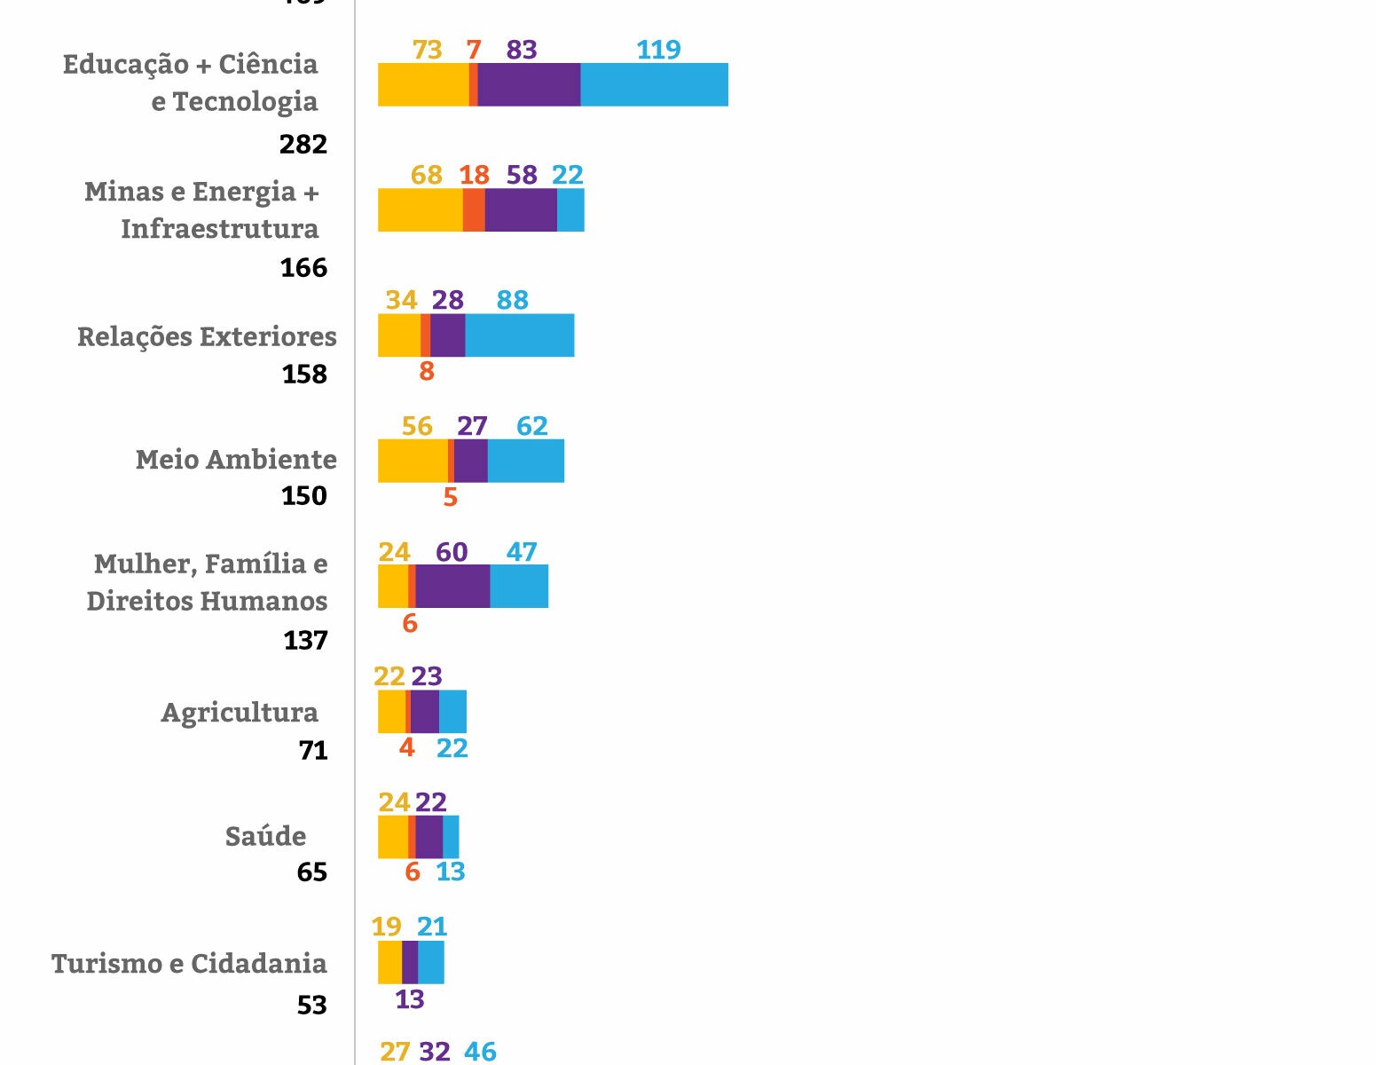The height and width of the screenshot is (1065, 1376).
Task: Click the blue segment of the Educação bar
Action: (654, 85)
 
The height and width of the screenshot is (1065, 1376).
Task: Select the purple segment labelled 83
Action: (529, 85)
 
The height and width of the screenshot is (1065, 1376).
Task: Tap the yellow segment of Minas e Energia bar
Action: (420, 210)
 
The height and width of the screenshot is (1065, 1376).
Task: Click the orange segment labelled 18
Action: (474, 210)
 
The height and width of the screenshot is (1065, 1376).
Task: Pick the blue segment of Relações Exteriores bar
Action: (519, 335)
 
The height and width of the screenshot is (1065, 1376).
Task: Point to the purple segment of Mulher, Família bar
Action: (452, 587)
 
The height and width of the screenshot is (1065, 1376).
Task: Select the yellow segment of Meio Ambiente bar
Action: (413, 461)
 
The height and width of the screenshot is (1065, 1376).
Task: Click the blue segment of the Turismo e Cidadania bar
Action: (431, 963)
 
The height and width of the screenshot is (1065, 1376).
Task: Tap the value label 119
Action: (658, 50)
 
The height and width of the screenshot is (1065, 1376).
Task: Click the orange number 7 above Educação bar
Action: (474, 50)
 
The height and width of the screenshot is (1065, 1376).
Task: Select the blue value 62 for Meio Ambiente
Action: (532, 426)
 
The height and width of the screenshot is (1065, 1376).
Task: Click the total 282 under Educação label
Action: (303, 144)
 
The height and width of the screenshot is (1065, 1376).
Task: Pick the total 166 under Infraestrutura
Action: (303, 267)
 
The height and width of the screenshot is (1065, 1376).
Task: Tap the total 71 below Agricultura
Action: (313, 751)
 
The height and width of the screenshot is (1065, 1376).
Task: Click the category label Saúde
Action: (265, 836)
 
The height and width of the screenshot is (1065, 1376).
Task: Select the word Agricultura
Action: (240, 713)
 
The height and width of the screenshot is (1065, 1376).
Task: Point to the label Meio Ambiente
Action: (236, 460)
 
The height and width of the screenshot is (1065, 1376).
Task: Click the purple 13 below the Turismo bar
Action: (409, 999)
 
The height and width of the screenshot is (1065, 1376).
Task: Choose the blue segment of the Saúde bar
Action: (451, 837)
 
